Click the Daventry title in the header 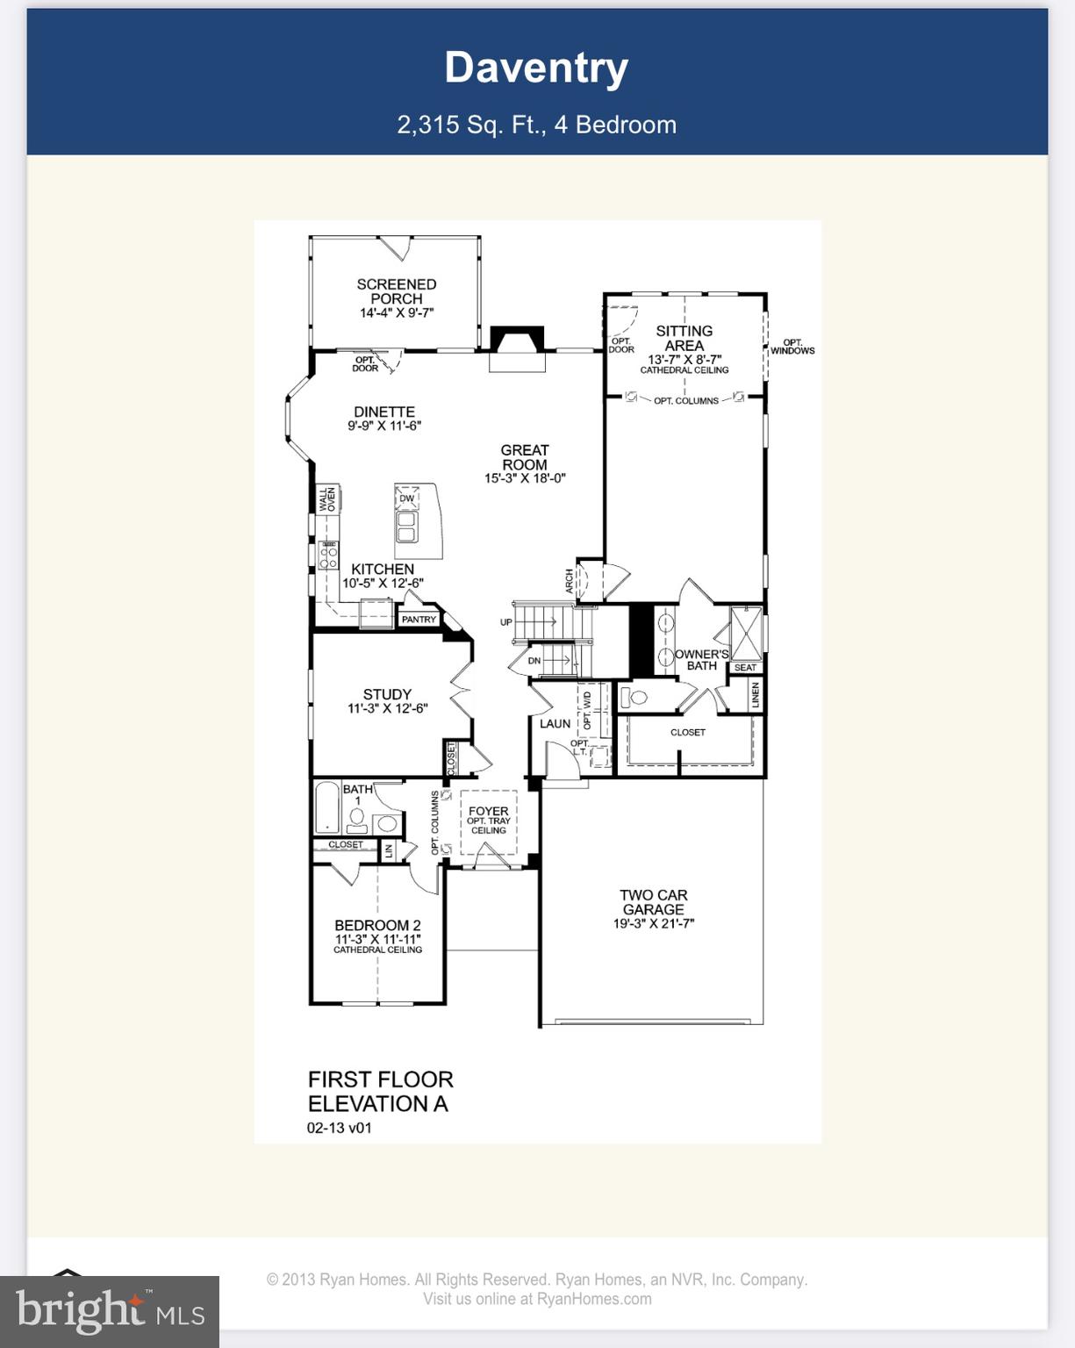[536, 68]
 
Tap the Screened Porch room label [396, 291]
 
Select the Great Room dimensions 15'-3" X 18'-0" [525, 478]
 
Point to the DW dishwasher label [406, 498]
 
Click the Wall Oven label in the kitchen [327, 499]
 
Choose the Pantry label [419, 619]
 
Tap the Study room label [387, 694]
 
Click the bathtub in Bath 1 [327, 807]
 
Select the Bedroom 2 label [377, 925]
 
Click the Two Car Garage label [653, 902]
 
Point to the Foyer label [488, 812]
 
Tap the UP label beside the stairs [506, 622]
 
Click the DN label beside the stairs [534, 660]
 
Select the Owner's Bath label [701, 660]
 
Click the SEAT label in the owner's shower [745, 667]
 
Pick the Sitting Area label [684, 338]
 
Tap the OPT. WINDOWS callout [792, 347]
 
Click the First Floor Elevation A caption [380, 1091]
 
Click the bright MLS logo [110, 1311]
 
